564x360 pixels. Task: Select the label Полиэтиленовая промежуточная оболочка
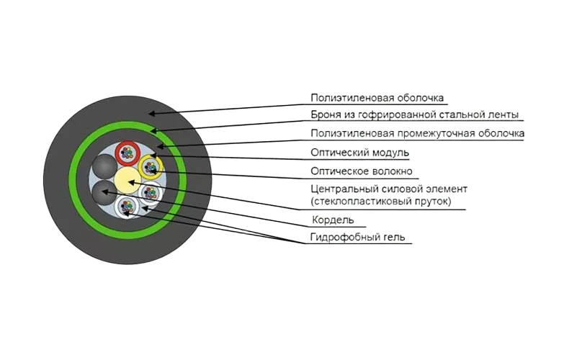(417, 134)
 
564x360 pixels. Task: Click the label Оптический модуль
(359, 153)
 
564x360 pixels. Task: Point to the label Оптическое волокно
(362, 171)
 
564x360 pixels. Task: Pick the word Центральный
(339, 189)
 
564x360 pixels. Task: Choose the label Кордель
(332, 219)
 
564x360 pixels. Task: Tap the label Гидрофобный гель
(358, 238)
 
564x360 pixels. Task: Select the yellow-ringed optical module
(151, 167)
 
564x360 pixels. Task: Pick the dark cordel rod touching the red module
(104, 166)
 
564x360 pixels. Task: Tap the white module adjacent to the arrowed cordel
(127, 207)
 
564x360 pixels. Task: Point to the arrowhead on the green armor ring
(153, 130)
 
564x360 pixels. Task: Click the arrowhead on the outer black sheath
(151, 114)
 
